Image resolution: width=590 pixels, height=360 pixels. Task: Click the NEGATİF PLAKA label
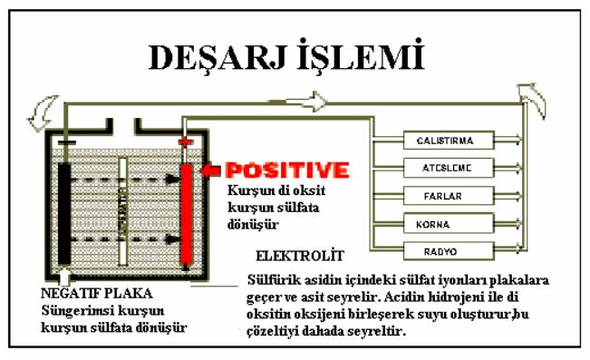(x=95, y=294)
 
